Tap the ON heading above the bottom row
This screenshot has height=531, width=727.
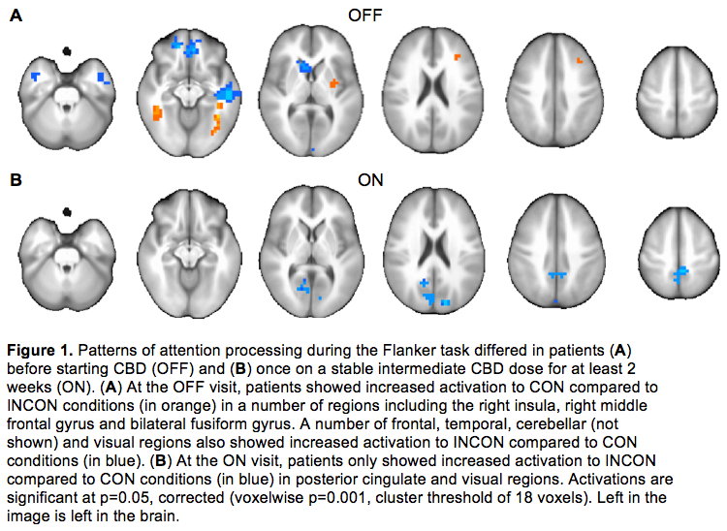(370, 180)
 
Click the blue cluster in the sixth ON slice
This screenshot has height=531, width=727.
(681, 277)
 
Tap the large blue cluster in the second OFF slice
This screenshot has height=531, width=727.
(228, 93)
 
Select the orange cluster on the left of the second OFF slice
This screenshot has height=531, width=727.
(156, 113)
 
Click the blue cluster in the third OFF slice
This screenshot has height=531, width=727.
(304, 66)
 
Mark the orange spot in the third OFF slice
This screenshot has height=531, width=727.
(333, 84)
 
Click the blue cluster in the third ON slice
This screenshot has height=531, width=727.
(304, 287)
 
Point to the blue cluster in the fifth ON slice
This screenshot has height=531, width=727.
(556, 276)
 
